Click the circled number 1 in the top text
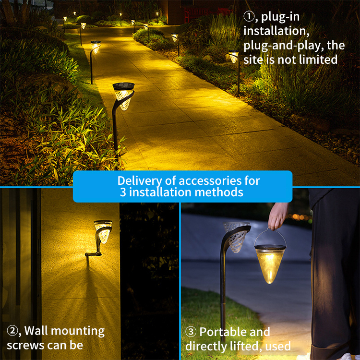pos(249,17)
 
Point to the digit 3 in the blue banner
pos(123,192)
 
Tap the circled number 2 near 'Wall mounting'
pos(12,331)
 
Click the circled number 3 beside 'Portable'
pos(191,332)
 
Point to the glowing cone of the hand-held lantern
pos(270,267)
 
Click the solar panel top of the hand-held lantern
pos(270,247)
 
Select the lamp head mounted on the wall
pos(103,231)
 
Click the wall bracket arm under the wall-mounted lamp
pos(93,254)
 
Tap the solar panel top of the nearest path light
pos(123,86)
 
